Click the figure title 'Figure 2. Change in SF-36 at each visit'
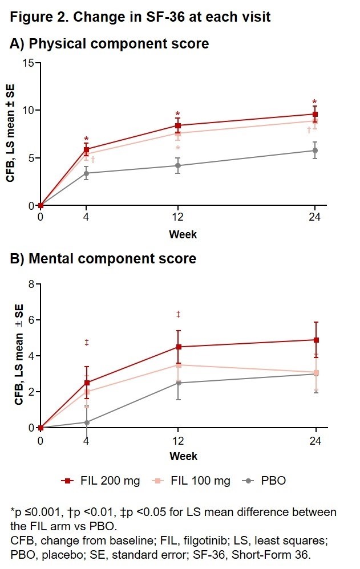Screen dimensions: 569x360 coord(140,17)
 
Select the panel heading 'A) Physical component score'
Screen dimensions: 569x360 coord(110,44)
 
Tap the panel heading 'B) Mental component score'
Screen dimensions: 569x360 coord(103,259)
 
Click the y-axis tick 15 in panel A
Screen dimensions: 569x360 coord(27,62)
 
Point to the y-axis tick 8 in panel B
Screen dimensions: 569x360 coord(31,284)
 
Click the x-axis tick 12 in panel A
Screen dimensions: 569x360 coord(178,217)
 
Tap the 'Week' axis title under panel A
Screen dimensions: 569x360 coord(183,234)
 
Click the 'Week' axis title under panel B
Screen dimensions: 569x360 coord(183,456)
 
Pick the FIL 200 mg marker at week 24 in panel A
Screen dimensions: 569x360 coord(315,114)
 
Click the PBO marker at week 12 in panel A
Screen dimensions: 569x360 coord(178,165)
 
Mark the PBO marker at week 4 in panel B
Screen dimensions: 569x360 coord(86,422)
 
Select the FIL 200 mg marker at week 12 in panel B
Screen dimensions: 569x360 coord(178,347)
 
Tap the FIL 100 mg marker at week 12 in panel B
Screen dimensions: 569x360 coord(178,365)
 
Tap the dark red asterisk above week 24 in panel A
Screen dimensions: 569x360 coord(314,103)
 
